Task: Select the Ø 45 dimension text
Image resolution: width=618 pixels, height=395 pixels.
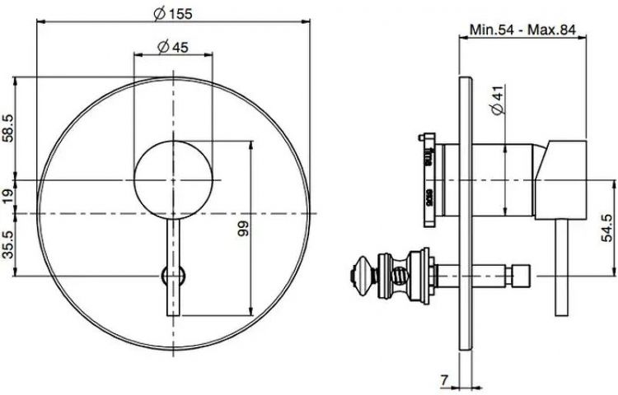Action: pyautogui.click(x=173, y=47)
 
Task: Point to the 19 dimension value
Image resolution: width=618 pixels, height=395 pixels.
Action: pyautogui.click(x=8, y=196)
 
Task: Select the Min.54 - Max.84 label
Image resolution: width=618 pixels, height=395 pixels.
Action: pyautogui.click(x=522, y=29)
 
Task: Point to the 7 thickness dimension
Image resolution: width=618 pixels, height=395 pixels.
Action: pyautogui.click(x=444, y=379)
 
